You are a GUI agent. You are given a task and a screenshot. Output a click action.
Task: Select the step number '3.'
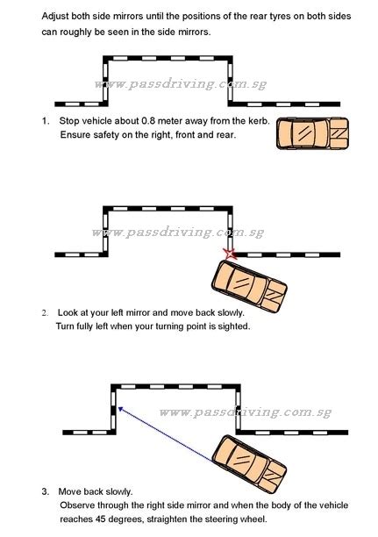46,491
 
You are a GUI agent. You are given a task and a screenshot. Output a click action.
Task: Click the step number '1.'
46,121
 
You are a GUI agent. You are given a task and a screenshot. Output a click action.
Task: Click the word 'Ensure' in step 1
76,135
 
